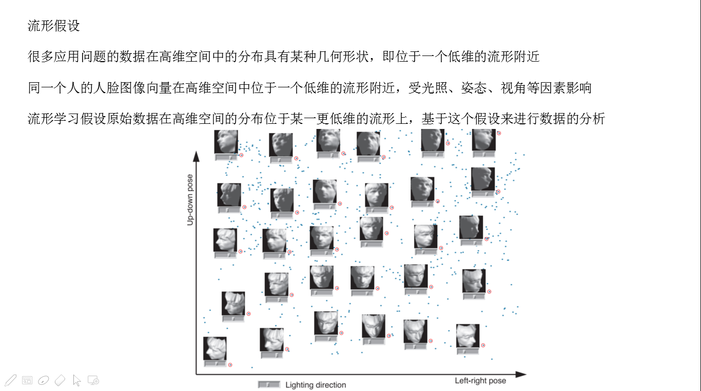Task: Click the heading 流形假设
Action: (54, 26)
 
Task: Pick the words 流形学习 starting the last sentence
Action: (54, 119)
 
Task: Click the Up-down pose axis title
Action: (190, 200)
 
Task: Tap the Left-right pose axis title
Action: (480, 381)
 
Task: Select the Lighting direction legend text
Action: (316, 385)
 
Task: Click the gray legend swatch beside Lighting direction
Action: (269, 384)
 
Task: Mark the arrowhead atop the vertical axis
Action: (196, 156)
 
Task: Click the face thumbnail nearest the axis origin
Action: (215, 348)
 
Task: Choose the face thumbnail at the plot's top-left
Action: (226, 141)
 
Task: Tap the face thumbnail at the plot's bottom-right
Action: (468, 336)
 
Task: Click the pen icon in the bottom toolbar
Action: (10, 380)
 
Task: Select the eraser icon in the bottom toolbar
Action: (60, 380)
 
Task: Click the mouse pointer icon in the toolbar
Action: (77, 380)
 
